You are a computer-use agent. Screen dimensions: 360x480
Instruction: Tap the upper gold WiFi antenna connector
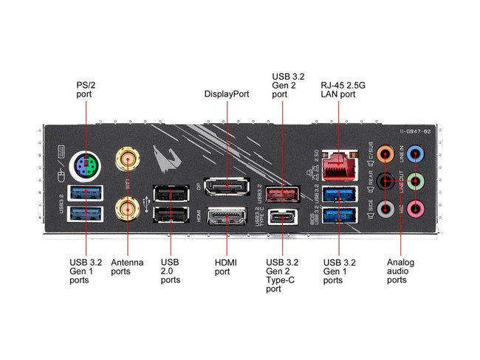coord(127,158)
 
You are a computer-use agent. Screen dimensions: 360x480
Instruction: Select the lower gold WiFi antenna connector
coord(128,210)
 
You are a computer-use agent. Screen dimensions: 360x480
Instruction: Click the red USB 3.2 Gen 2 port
coord(283,195)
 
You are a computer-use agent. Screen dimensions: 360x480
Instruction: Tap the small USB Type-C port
coord(283,218)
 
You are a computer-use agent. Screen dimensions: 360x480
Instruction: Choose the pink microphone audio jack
coord(416,210)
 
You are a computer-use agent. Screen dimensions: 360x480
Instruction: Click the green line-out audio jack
coord(416,182)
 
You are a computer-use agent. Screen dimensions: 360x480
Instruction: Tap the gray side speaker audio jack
coord(384,210)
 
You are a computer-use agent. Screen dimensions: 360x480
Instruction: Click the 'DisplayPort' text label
coord(227,94)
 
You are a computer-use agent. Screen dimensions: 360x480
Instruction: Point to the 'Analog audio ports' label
coord(400,271)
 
